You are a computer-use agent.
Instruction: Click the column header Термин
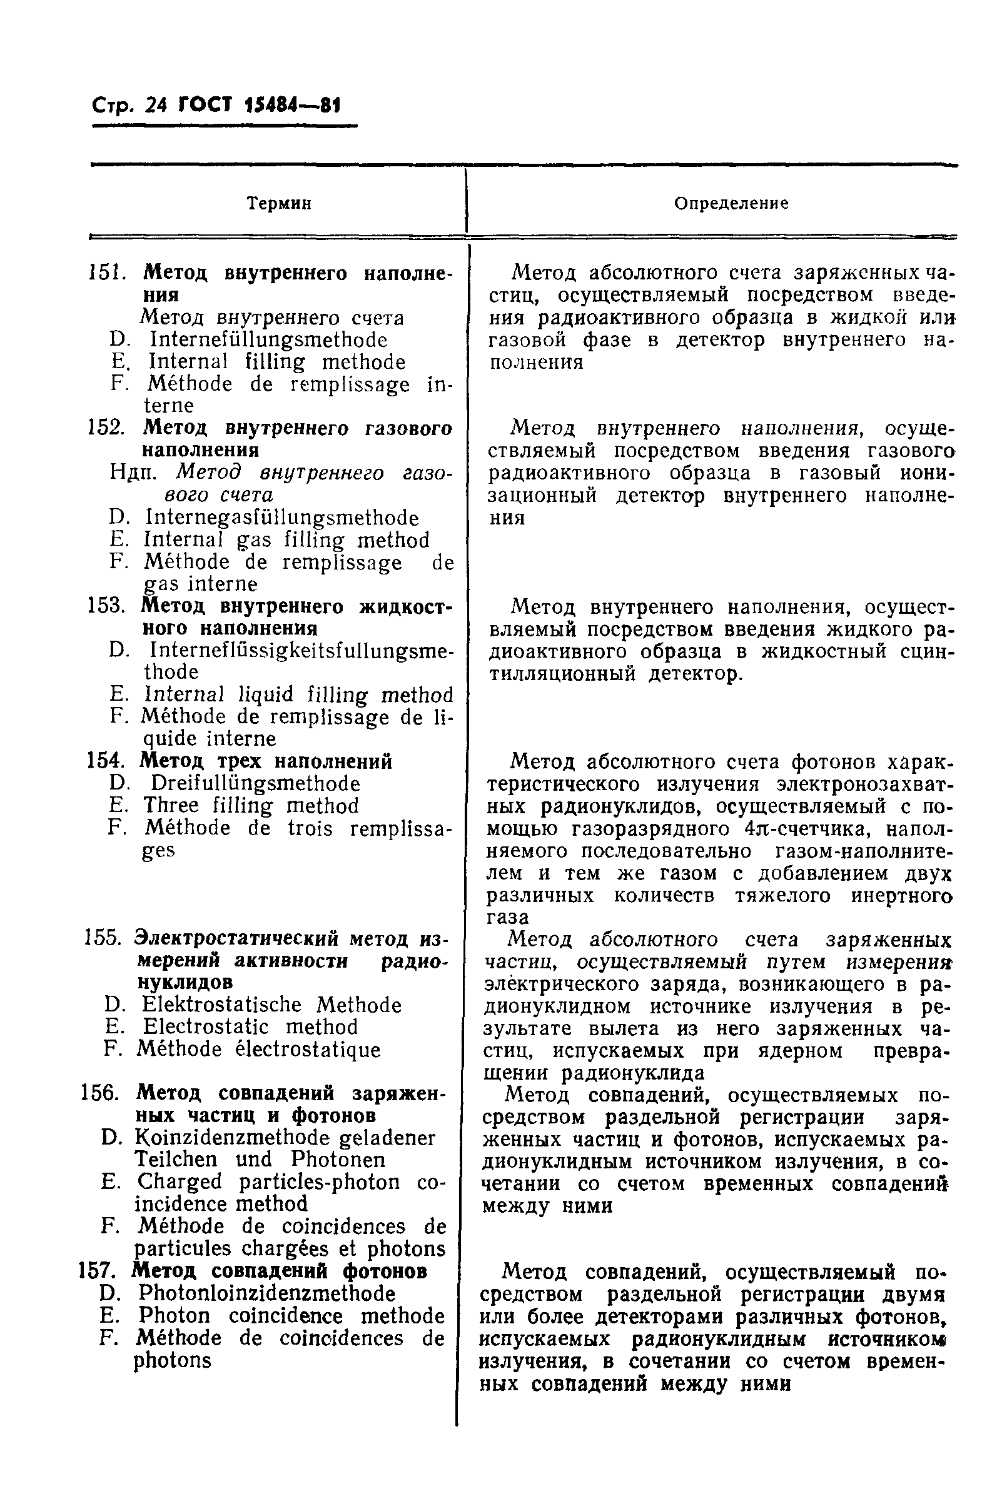pyautogui.click(x=279, y=204)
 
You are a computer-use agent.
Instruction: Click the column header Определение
pyautogui.click(x=731, y=204)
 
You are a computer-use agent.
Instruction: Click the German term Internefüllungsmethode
pyautogui.click(x=268, y=339)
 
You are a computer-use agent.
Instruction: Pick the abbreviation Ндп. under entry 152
pyautogui.click(x=132, y=473)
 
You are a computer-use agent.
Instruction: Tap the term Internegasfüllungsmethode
pyautogui.click(x=282, y=517)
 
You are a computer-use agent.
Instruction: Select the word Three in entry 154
pyautogui.click(x=171, y=805)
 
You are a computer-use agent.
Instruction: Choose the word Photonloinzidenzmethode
pyautogui.click(x=266, y=1292)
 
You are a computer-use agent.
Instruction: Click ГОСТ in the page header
pyautogui.click(x=205, y=105)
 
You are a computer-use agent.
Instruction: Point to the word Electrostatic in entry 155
pyautogui.click(x=205, y=1026)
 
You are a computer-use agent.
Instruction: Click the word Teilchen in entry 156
pyautogui.click(x=176, y=1160)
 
